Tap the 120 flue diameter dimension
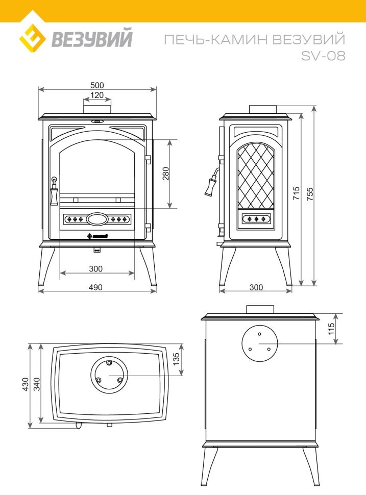(x=97, y=95)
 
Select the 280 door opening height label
(x=166, y=174)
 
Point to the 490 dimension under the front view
(x=96, y=287)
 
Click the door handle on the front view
(x=54, y=190)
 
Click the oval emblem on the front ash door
(x=97, y=219)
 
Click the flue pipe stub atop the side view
(x=262, y=109)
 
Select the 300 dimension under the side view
(x=256, y=287)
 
